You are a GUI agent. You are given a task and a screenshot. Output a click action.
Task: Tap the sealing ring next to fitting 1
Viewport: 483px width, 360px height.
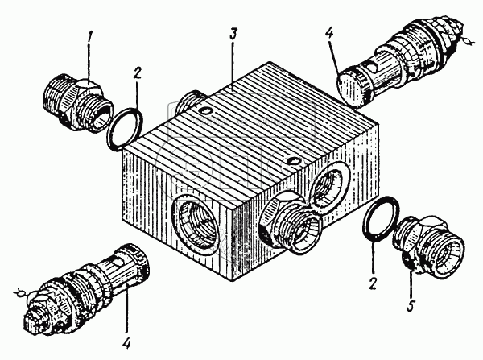pyautogui.click(x=126, y=130)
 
